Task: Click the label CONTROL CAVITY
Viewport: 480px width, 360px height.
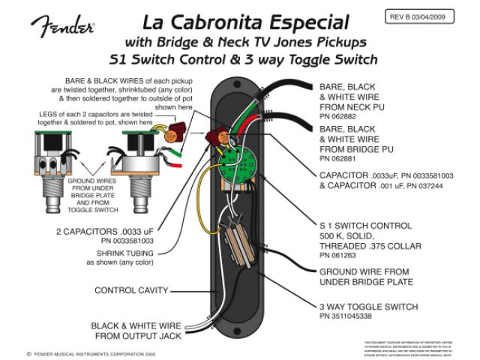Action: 131,289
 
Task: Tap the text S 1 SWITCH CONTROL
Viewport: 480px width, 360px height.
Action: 365,226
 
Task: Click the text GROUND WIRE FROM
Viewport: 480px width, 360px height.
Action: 366,271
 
